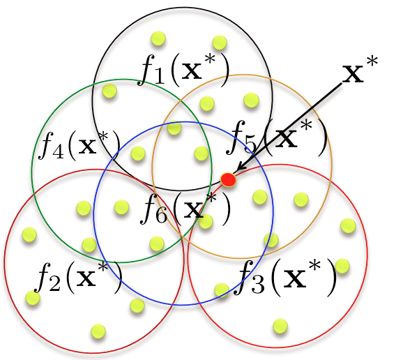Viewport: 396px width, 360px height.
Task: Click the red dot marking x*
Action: [228, 180]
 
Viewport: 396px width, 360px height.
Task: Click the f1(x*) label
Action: [183, 70]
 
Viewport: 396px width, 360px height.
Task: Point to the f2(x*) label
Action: [79, 278]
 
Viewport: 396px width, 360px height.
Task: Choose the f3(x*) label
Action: [285, 278]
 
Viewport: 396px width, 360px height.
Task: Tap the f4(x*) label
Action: [79, 146]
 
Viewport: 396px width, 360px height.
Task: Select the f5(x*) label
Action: [276, 137]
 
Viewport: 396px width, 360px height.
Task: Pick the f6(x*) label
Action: [185, 209]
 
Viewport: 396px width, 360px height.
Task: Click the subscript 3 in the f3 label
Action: [257, 285]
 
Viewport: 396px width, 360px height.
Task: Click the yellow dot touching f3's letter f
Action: [222, 290]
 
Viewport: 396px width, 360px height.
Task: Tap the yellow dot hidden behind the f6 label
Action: [206, 221]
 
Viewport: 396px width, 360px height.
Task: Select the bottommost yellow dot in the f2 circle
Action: [98, 331]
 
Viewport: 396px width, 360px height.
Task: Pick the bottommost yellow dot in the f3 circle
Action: [280, 326]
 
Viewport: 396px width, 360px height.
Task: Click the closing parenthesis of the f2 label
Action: [117, 278]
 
